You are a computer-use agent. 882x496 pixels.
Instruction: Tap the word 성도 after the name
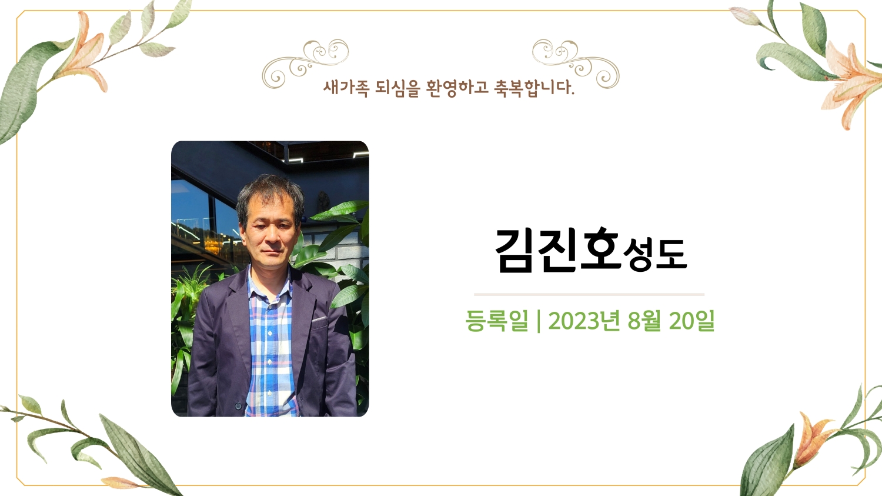(x=655, y=255)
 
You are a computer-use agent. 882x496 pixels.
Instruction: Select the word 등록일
(x=496, y=321)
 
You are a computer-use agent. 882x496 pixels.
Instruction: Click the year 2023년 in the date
(x=579, y=321)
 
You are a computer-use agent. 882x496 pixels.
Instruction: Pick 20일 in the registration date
(x=691, y=321)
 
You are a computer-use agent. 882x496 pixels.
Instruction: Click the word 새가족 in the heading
(x=346, y=88)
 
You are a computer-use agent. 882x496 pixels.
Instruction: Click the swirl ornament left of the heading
(x=306, y=64)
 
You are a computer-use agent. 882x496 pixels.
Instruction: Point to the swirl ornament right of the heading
(x=576, y=64)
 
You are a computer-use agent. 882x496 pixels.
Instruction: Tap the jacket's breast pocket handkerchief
(x=319, y=319)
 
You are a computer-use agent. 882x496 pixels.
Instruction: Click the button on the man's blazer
(x=238, y=405)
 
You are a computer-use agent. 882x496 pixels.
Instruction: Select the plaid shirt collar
(x=270, y=285)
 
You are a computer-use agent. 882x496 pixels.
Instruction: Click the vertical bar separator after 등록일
(x=538, y=321)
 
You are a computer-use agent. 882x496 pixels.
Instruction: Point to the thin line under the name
(x=589, y=294)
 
